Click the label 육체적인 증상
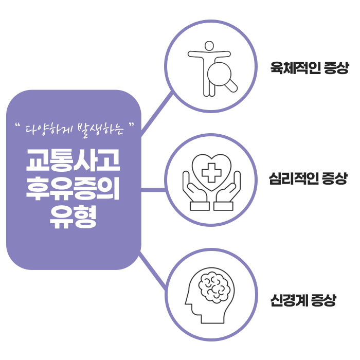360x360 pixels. (310, 68)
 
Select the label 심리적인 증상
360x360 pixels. (308, 179)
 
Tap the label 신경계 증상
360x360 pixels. (303, 300)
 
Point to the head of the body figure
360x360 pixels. (209, 46)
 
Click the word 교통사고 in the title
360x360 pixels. (74, 161)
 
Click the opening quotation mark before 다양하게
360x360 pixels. (19, 125)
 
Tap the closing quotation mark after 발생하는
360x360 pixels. (133, 124)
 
